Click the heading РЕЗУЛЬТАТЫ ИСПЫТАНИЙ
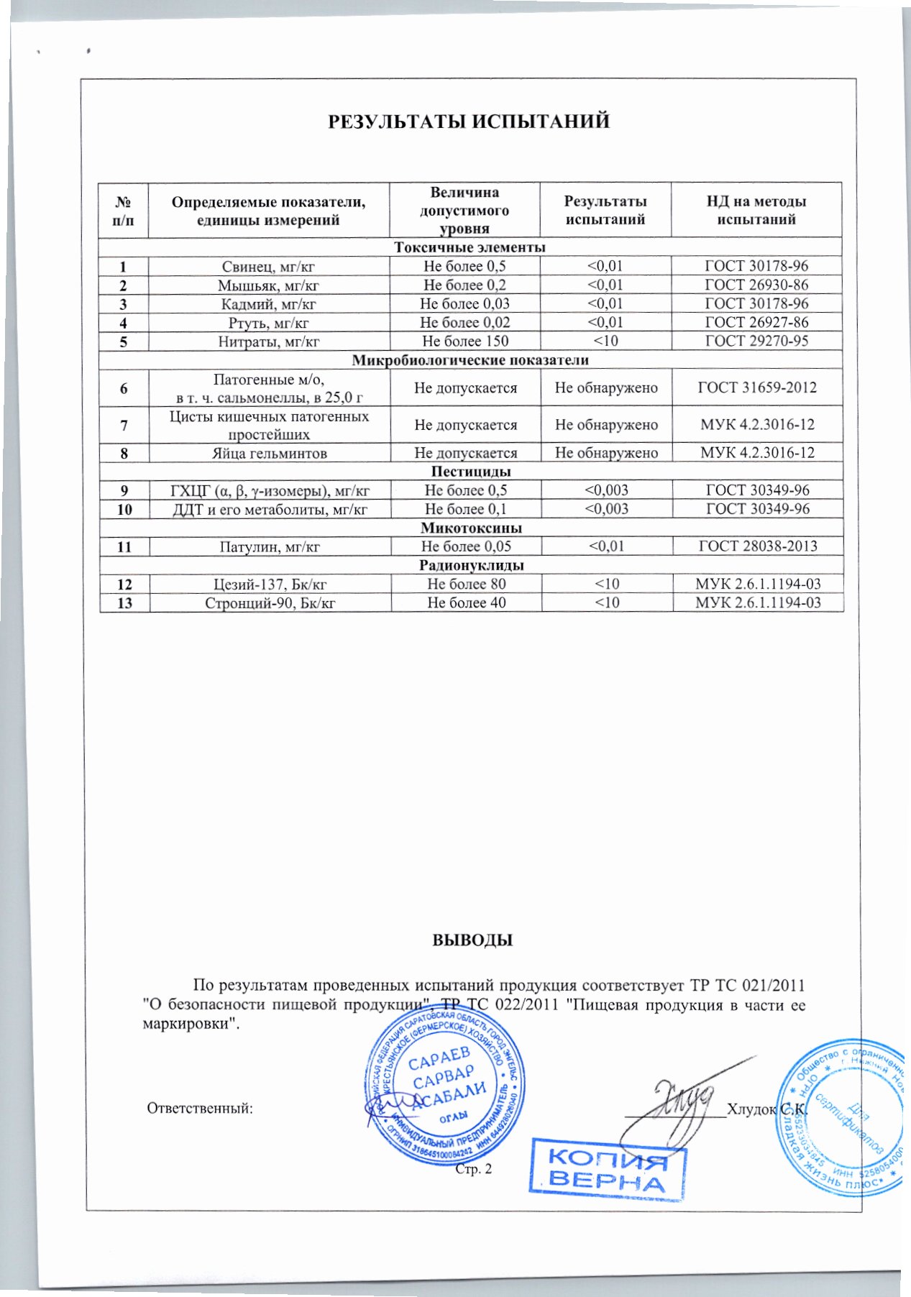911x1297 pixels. [469, 121]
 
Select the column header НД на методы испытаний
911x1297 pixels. [756, 210]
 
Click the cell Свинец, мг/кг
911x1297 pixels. [268, 267]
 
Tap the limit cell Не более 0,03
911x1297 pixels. [464, 304]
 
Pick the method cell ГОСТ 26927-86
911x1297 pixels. [756, 323]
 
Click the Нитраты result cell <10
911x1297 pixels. [605, 342]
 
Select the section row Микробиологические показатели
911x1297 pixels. [470, 360]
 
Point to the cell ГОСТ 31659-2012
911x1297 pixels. [757, 388]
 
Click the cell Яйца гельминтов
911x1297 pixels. [269, 454]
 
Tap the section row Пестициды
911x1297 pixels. [471, 472]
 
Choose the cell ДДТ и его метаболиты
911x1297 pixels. [270, 510]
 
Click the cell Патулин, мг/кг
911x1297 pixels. [270, 547]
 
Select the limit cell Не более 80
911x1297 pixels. [466, 585]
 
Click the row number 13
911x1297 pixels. [124, 603]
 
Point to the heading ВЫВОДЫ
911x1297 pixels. [472, 940]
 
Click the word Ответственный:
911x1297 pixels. [200, 1108]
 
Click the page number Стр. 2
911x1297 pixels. [474, 1169]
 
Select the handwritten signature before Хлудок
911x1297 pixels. [679, 1100]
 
